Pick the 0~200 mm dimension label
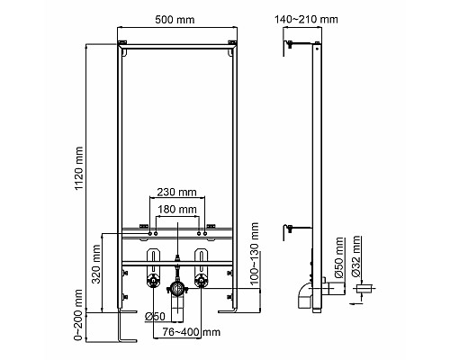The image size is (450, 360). tap(80, 310)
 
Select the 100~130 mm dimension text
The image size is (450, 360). tap(255, 267)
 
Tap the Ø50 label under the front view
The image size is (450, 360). tap(154, 315)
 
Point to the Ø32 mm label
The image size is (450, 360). tap(358, 256)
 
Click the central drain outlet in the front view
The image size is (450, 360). tap(175, 288)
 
